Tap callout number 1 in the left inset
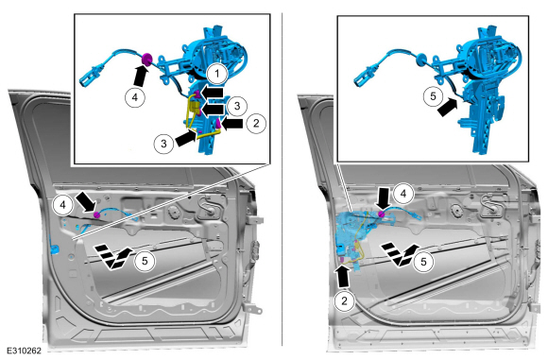217,74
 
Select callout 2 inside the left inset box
256,123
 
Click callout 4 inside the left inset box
135,96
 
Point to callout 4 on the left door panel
63,205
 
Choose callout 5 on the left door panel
145,261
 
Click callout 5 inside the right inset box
433,96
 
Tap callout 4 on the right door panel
403,194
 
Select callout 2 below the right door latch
345,300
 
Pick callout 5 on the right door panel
423,262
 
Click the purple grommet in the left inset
146,60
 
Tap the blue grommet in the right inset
420,60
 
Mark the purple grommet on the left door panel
96,214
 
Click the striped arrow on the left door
112,256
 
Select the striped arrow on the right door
400,255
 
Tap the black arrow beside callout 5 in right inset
447,107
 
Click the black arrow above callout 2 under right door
343,277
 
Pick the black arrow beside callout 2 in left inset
232,124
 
